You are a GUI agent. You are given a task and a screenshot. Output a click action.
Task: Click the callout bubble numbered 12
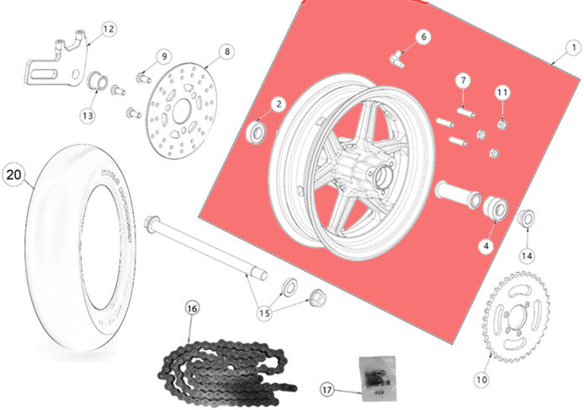coord(108,29)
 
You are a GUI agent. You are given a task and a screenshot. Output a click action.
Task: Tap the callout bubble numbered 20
coord(14,175)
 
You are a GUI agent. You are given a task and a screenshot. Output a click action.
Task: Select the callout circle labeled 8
coord(226,52)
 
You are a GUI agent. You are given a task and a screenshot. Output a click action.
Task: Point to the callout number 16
coord(192,308)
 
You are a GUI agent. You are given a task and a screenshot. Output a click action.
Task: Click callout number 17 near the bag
coord(327,389)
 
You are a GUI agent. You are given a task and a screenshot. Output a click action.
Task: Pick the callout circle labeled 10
coord(480,378)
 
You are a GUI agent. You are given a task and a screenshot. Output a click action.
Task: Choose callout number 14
coord(527,254)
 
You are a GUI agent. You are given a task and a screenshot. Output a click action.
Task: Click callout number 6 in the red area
coord(423,36)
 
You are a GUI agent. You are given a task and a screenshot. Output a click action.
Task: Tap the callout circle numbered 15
coord(264,312)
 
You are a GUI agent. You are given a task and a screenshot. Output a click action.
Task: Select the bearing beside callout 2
coord(256,131)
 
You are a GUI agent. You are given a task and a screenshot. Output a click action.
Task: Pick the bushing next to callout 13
coord(97,83)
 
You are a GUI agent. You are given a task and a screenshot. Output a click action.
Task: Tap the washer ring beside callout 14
coord(527,219)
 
